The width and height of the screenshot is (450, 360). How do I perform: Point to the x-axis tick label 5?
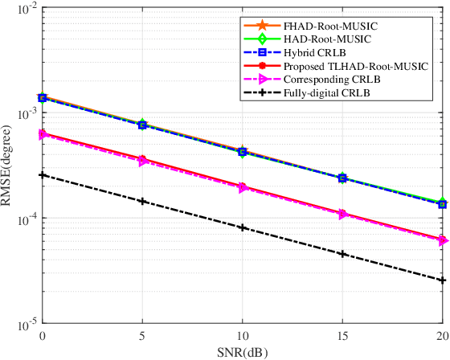pos(142,334)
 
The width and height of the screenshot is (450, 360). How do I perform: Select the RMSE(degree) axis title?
pos(7,166)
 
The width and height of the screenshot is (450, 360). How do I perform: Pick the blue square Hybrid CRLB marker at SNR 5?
pos(142,125)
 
